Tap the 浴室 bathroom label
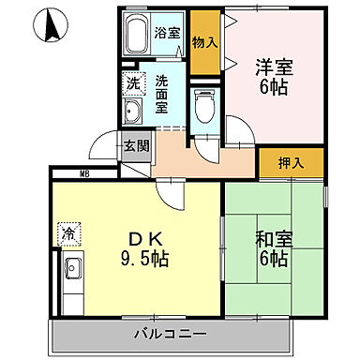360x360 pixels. coord(168,33)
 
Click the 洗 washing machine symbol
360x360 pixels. coord(132,82)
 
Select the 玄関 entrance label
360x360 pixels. coord(136,145)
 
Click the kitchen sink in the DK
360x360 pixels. coord(71,273)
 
